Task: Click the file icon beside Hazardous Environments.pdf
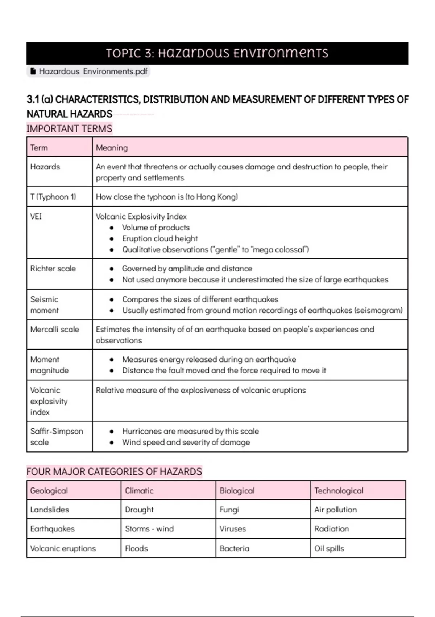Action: pos(33,71)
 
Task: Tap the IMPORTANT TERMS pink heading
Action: pos(69,129)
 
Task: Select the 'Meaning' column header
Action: pos(112,148)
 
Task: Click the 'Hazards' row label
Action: pos(45,167)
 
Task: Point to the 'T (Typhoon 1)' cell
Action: pos(53,197)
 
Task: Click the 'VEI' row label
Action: pos(36,217)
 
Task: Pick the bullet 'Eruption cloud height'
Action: pos(159,238)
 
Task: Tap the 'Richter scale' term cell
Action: pos(53,269)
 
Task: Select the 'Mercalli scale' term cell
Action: pos(54,330)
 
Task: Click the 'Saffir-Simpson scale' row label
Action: pos(56,437)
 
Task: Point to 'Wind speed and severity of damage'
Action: pos(186,442)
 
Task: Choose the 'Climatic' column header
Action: pos(139,491)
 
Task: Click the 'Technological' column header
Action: pos(339,491)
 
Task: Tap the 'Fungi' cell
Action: pos(229,510)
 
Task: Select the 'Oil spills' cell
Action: pos(329,548)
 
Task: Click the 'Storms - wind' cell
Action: pos(149,529)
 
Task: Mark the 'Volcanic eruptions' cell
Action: pos(63,548)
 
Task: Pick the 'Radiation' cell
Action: pos(331,529)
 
